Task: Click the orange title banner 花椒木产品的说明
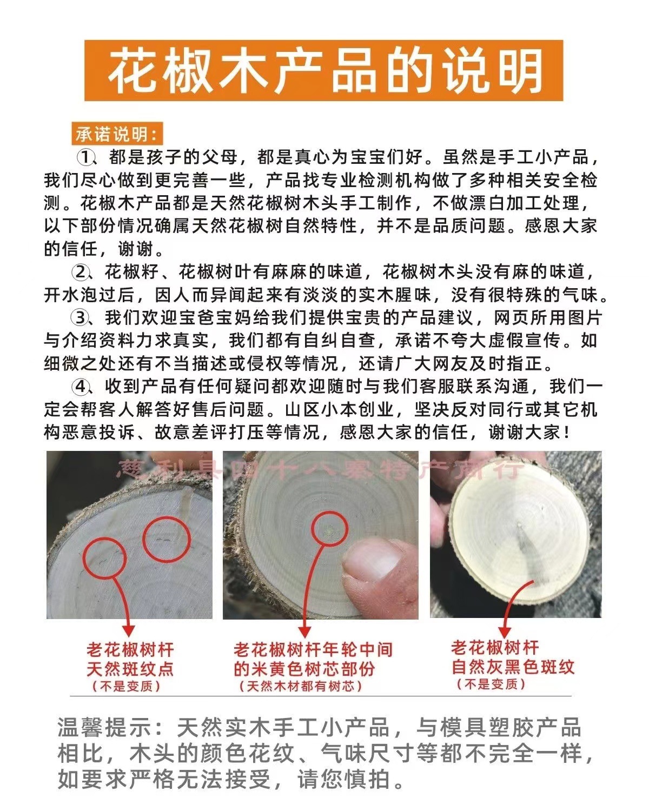[x=323, y=71]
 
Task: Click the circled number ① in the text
[x=85, y=158]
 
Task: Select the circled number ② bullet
[x=81, y=271]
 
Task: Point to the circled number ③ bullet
[x=81, y=317]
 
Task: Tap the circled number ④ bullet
[x=81, y=387]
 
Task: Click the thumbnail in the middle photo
[x=373, y=562]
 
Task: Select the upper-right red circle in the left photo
[x=167, y=539]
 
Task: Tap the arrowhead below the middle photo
[x=304, y=631]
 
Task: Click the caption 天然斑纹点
[x=130, y=669]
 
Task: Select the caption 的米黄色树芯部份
[x=304, y=669]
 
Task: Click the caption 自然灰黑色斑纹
[x=513, y=667]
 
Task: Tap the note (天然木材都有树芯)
[x=301, y=687]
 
